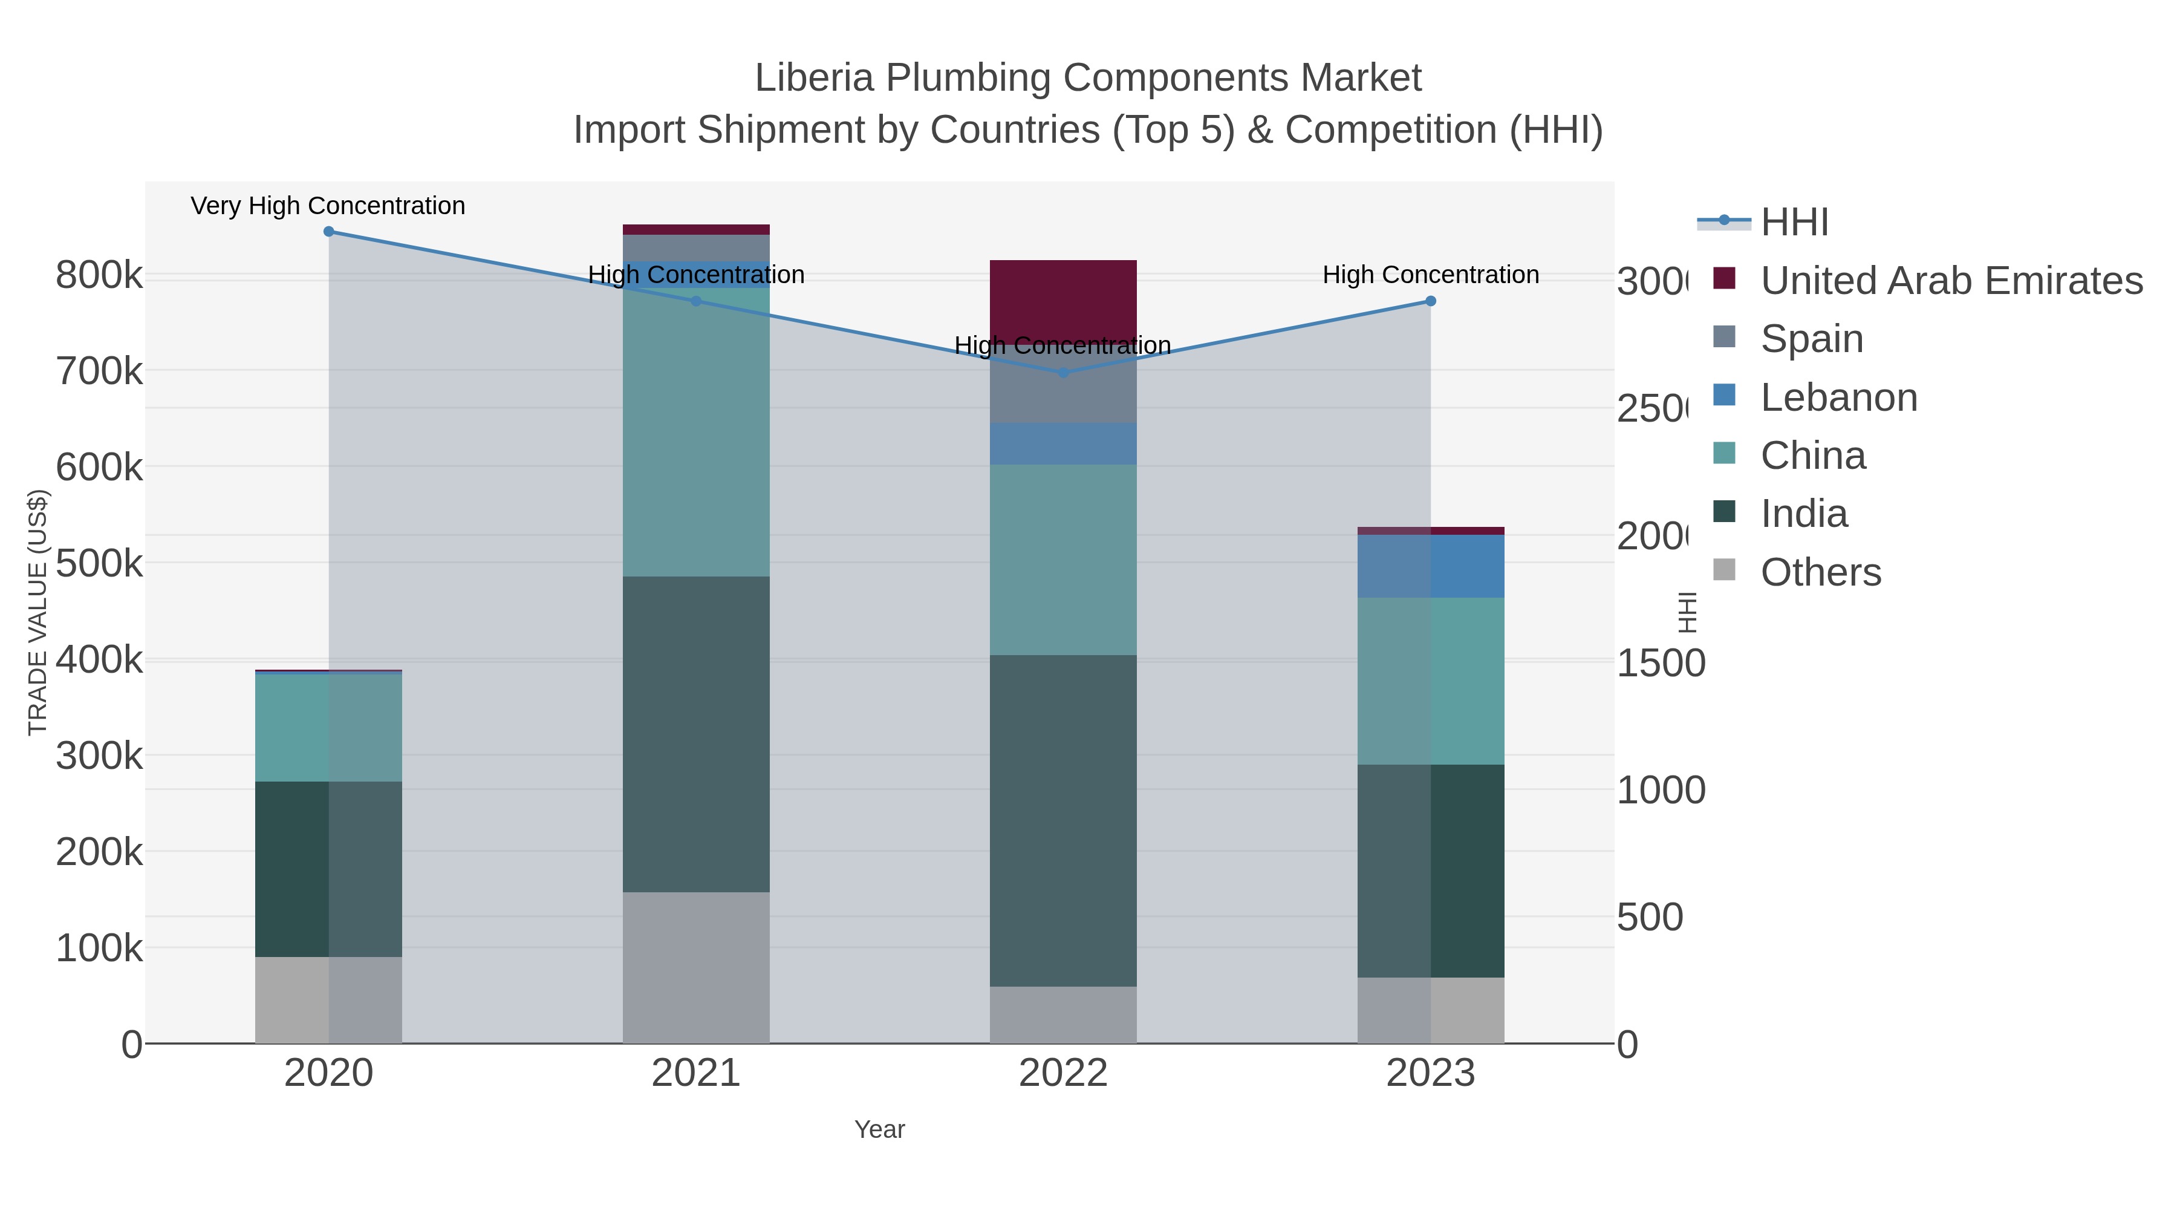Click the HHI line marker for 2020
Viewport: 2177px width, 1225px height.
(x=329, y=232)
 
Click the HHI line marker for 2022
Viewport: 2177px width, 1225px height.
(x=1063, y=373)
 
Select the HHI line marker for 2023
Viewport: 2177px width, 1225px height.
(x=1430, y=301)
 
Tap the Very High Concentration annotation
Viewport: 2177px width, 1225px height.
(x=328, y=206)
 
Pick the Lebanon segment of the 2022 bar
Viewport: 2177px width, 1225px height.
(x=1063, y=444)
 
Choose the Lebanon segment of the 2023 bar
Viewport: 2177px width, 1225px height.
(x=1430, y=566)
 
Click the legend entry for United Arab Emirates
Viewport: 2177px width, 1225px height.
(x=1951, y=281)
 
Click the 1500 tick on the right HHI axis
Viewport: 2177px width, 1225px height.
(x=1660, y=664)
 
